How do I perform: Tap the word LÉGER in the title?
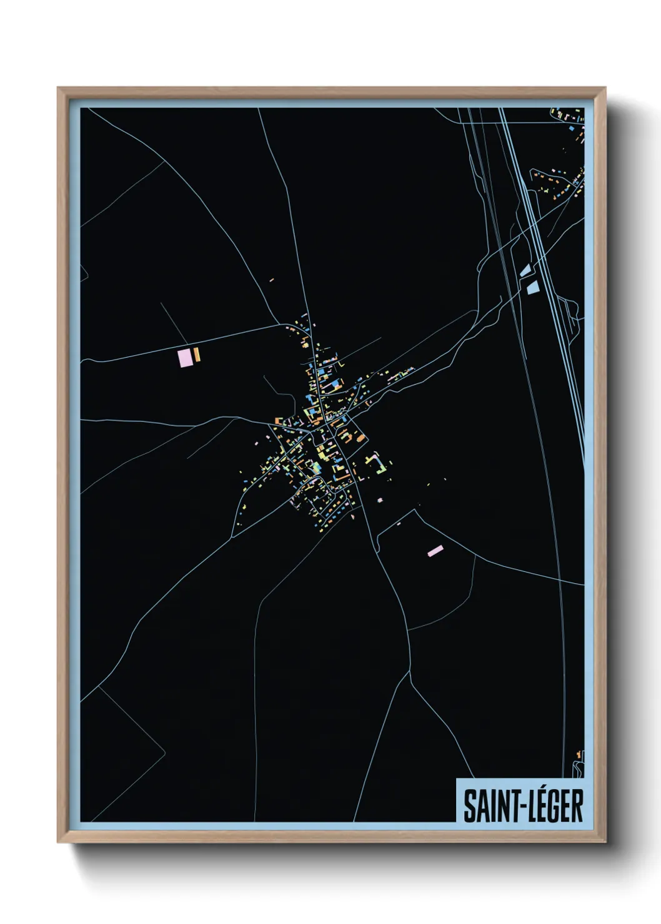click(x=553, y=805)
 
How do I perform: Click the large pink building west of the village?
click(x=185, y=358)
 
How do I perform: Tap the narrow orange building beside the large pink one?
click(x=197, y=355)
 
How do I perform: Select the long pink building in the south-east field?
click(x=435, y=551)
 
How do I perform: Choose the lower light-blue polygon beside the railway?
click(x=532, y=287)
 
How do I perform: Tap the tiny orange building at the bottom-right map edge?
click(x=579, y=755)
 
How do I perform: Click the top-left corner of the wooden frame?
click(x=59, y=89)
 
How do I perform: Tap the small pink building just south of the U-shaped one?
click(x=380, y=499)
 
